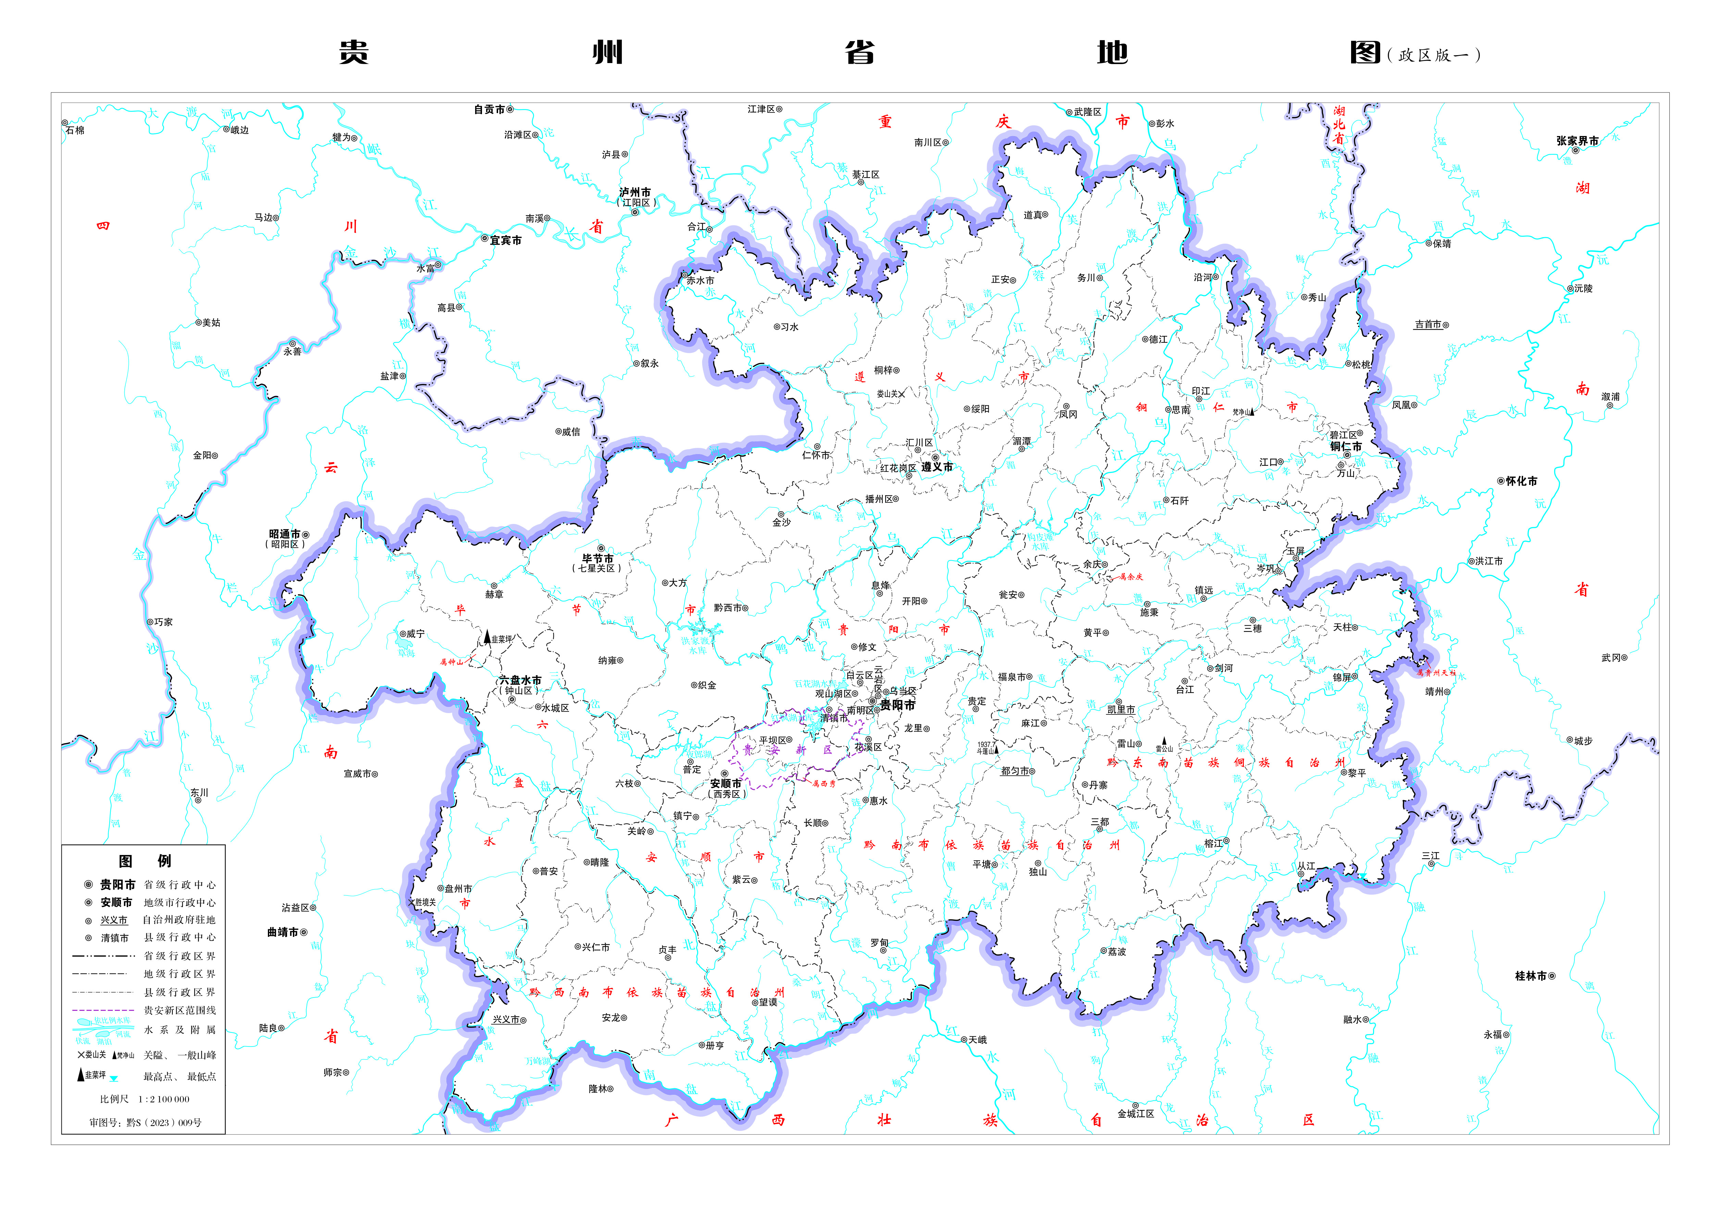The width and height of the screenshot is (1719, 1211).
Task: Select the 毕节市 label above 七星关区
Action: pos(597,559)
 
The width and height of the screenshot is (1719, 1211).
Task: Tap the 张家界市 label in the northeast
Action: pos(1577,141)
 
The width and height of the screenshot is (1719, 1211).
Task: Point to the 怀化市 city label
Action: pos(1521,481)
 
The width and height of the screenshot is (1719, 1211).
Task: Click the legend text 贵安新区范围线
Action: pos(180,1010)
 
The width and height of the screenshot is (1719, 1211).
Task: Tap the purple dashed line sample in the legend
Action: pos(103,1010)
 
